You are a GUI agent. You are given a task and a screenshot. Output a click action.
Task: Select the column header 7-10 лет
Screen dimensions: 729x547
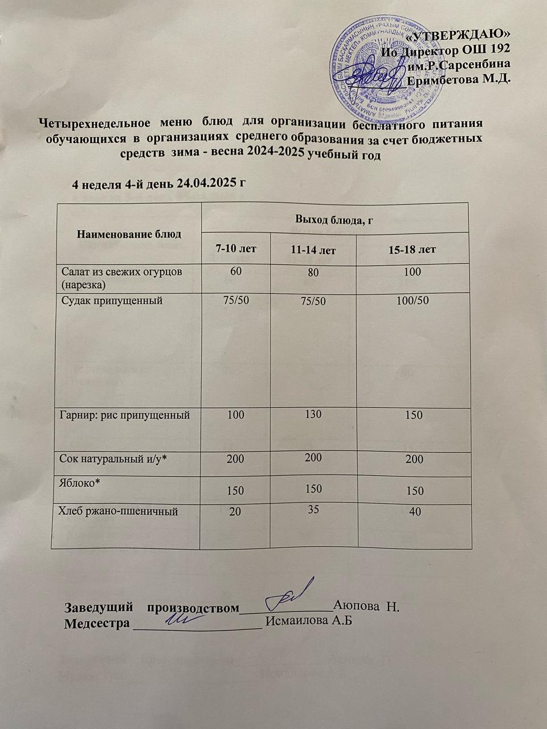coord(236,248)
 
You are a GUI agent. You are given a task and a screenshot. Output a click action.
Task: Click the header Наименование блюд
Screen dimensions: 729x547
coord(129,234)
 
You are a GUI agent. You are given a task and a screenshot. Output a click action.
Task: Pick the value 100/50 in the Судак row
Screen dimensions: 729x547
coord(413,300)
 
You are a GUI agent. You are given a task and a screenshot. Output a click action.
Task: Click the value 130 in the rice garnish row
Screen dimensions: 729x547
coord(313,414)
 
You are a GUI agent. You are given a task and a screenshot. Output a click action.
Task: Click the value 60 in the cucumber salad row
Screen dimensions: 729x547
coord(235,271)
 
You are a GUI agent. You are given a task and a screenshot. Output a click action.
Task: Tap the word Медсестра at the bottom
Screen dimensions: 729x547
coord(96,622)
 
